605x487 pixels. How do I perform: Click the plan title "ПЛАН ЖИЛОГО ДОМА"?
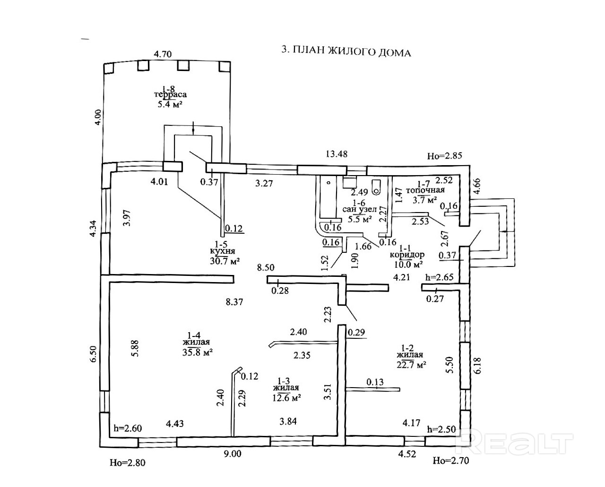click(x=346, y=52)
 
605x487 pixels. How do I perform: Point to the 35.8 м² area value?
click(x=198, y=352)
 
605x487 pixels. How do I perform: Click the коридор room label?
click(x=406, y=255)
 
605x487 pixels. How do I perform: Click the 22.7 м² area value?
click(x=411, y=364)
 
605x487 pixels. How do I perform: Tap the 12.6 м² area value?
click(x=286, y=398)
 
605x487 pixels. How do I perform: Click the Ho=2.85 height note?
click(x=444, y=155)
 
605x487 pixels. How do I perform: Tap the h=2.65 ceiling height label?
click(x=440, y=277)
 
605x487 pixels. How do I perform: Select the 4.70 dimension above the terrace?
click(x=162, y=53)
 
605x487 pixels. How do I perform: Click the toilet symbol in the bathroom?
click(x=376, y=188)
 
